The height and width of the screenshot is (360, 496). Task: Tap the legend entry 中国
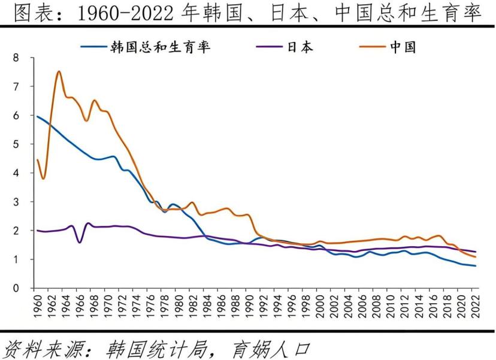click(403, 46)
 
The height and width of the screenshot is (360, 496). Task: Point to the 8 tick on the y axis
click(16, 58)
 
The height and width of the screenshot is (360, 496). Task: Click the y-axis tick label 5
click(16, 144)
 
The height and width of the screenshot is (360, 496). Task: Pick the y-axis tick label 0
click(16, 288)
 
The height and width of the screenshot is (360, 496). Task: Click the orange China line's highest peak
click(59, 72)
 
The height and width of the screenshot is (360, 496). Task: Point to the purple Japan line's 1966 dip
click(80, 242)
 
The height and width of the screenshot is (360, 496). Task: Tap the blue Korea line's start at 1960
click(37, 116)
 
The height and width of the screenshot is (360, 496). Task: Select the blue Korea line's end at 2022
click(476, 266)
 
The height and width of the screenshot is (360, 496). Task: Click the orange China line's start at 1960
click(37, 160)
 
